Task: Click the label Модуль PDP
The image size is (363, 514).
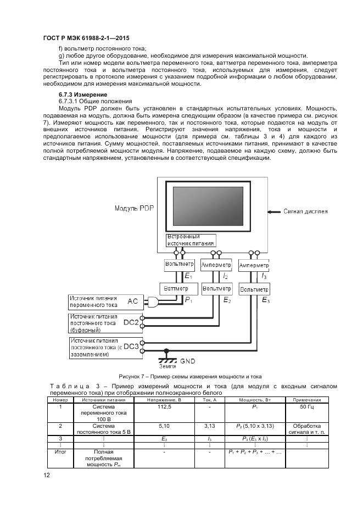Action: click(x=135, y=209)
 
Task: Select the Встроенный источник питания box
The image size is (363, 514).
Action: click(x=191, y=240)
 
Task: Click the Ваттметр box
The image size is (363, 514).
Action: click(x=175, y=288)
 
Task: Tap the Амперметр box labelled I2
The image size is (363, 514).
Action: click(x=216, y=265)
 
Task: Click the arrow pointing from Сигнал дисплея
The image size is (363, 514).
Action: click(x=274, y=210)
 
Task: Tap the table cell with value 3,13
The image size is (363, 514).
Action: click(x=209, y=425)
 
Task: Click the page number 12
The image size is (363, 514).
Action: click(x=47, y=476)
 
